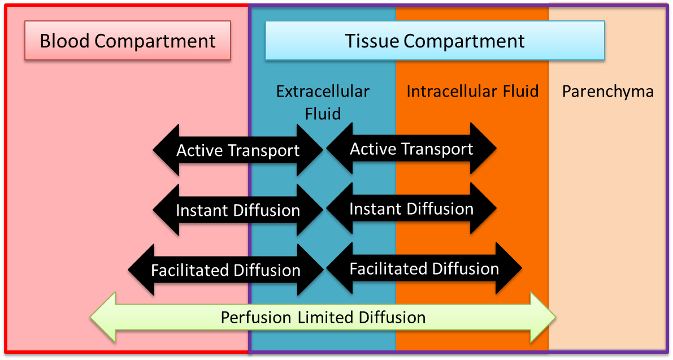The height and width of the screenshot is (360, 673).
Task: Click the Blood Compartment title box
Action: (x=128, y=40)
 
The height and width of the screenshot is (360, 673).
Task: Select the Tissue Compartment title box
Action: (x=435, y=40)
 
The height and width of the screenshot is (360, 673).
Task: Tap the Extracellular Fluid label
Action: (x=323, y=102)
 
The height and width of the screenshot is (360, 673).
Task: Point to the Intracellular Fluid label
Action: (x=472, y=92)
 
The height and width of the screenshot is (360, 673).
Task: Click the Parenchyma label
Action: (x=608, y=92)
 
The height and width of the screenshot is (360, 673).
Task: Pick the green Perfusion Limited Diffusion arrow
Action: (x=323, y=318)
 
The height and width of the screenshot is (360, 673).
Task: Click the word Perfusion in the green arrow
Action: (x=256, y=318)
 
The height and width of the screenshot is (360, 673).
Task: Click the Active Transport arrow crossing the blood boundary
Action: (x=238, y=150)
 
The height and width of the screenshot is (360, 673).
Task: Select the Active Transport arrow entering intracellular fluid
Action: (x=411, y=149)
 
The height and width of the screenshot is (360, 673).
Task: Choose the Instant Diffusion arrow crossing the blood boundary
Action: (x=238, y=210)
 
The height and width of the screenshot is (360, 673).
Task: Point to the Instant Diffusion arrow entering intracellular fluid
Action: (x=411, y=209)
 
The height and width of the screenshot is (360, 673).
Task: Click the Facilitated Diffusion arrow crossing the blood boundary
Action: (x=226, y=270)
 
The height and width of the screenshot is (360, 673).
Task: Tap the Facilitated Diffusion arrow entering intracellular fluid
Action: (x=424, y=268)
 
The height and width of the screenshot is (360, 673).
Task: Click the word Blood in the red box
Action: (x=64, y=41)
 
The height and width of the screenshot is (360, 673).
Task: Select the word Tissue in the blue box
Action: (x=372, y=41)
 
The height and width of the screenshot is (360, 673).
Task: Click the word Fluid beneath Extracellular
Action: (x=323, y=114)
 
